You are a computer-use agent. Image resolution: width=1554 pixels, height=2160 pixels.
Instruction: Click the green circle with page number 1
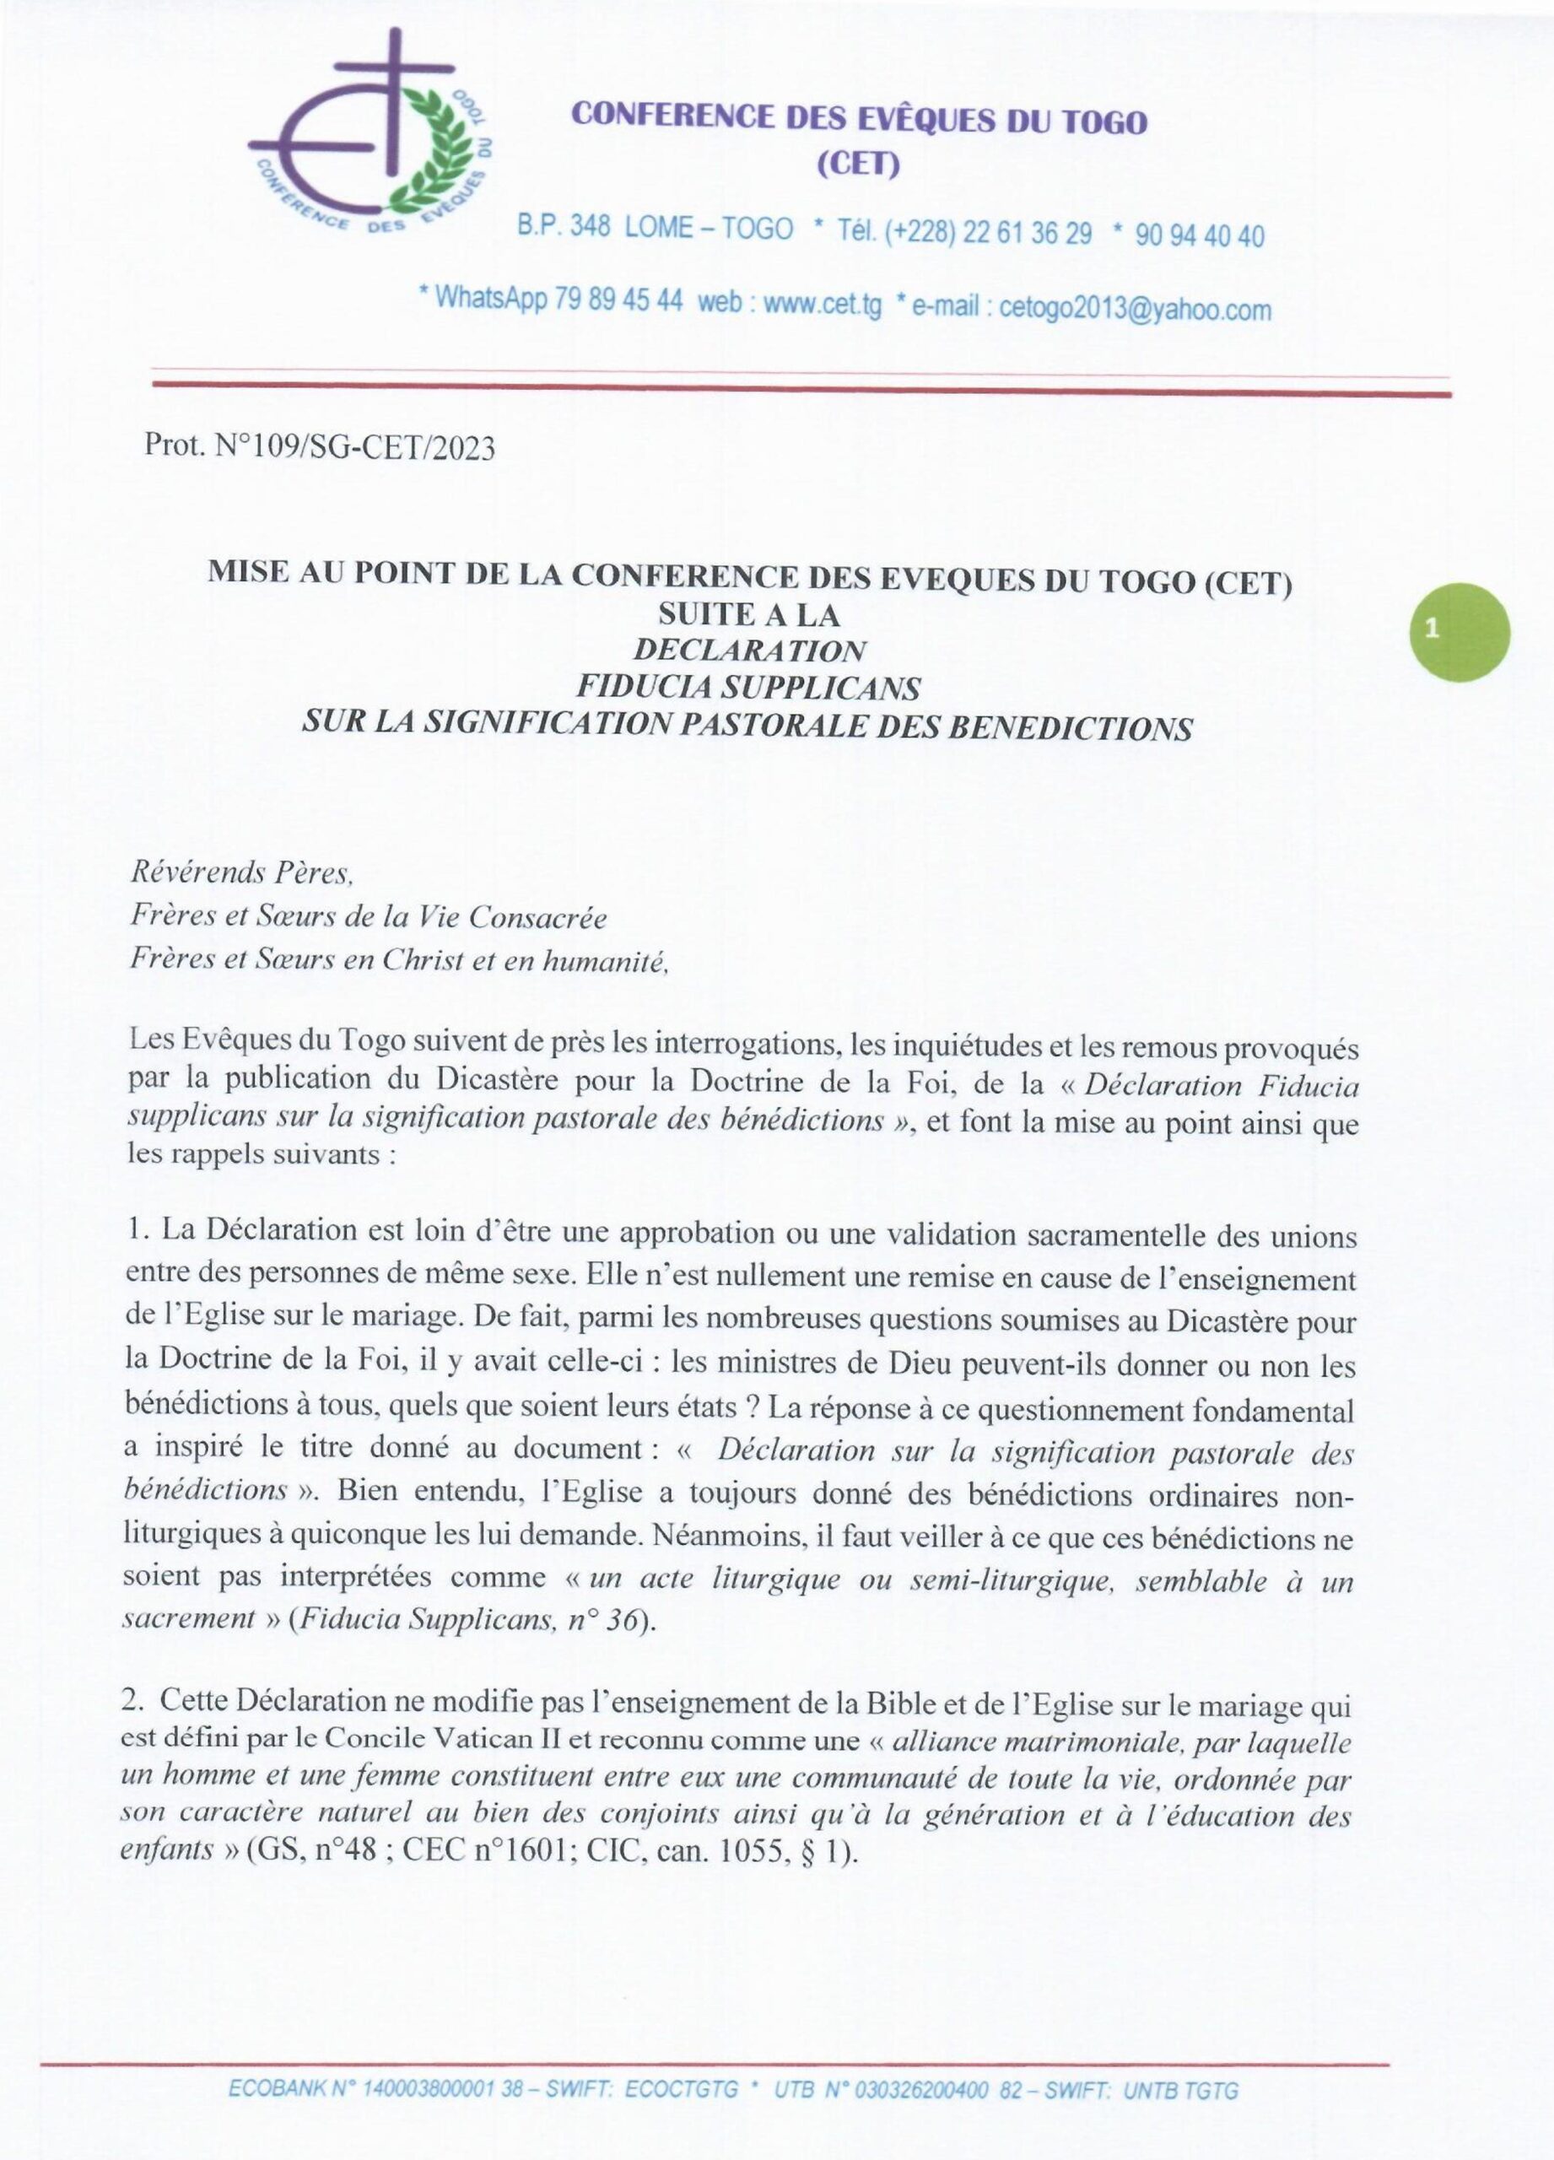(1459, 631)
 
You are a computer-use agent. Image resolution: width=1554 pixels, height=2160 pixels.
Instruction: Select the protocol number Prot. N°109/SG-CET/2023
(320, 446)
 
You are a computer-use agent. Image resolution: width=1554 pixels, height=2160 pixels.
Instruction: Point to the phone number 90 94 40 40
(1200, 235)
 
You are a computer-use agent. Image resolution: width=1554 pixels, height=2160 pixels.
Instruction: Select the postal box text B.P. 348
(564, 227)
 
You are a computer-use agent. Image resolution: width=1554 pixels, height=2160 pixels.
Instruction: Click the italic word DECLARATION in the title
(749, 650)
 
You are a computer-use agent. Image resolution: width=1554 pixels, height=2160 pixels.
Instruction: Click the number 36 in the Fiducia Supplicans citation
(621, 1620)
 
